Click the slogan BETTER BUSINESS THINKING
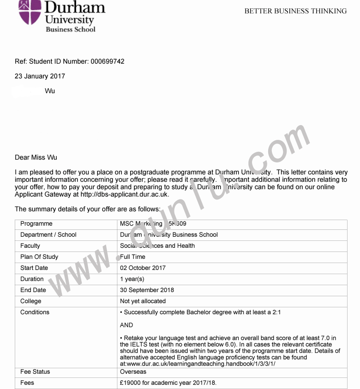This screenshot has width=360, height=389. click(x=295, y=11)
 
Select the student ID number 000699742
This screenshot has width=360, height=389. click(x=108, y=61)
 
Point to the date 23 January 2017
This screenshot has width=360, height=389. click(x=40, y=76)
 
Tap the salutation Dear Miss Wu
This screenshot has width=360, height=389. click(x=36, y=157)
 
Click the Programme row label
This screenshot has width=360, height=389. click(x=36, y=224)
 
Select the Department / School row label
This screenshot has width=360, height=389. click(x=48, y=235)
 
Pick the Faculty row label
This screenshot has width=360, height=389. click(x=30, y=246)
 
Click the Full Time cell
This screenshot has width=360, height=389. click(x=133, y=257)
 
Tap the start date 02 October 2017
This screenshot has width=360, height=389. click(x=143, y=268)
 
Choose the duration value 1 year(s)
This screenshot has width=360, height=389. click(x=132, y=279)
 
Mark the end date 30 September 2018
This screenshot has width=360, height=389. click(x=147, y=290)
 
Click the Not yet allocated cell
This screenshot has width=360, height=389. click(x=143, y=301)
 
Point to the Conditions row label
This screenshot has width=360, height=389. click(x=35, y=312)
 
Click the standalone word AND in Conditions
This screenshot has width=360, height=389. click(x=126, y=325)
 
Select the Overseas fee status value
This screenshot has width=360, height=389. click(x=133, y=372)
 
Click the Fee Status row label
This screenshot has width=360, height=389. click(x=35, y=372)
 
